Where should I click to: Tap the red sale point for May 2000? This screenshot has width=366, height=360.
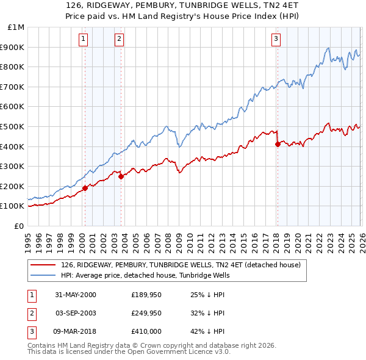(85, 188)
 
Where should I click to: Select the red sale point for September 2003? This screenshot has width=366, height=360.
(121, 176)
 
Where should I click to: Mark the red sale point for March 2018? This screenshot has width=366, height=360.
(278, 145)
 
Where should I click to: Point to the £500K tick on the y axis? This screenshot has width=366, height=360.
(13, 126)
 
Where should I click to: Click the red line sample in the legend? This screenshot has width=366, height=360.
(43, 265)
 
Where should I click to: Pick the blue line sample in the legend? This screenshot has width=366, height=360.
(43, 275)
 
